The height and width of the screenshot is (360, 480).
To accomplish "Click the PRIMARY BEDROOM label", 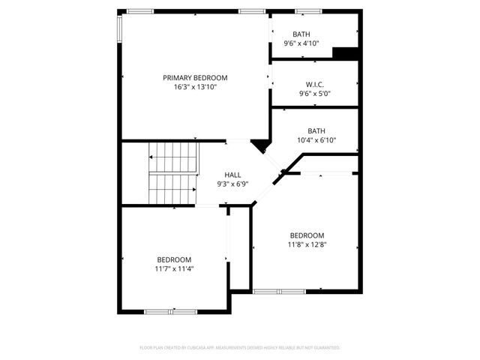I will point(195,77).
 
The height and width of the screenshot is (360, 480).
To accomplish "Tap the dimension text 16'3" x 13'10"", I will point(195,87).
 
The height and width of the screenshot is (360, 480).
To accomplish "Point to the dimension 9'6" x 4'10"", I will point(301,43).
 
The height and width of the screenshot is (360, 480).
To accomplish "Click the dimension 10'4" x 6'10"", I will point(316,139).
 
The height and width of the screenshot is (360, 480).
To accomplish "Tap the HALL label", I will point(232,175).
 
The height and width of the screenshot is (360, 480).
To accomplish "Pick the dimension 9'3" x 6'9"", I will point(232,184).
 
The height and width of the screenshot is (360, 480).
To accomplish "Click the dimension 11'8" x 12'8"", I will point(307,244).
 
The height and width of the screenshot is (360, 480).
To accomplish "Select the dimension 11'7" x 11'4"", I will point(174,268).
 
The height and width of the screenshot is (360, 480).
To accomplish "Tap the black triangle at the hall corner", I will point(260,145).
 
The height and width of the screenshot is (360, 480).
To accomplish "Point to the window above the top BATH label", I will point(307,11).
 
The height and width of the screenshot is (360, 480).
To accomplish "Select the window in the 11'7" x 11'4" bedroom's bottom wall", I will point(160,311).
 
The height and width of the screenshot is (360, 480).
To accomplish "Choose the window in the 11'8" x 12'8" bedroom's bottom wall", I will point(278,291).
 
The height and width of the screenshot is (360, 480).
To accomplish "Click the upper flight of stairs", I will point(175,157).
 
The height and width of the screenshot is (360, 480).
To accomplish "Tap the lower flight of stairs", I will point(172,189).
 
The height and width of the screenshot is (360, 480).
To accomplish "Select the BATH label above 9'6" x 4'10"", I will point(301,34).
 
